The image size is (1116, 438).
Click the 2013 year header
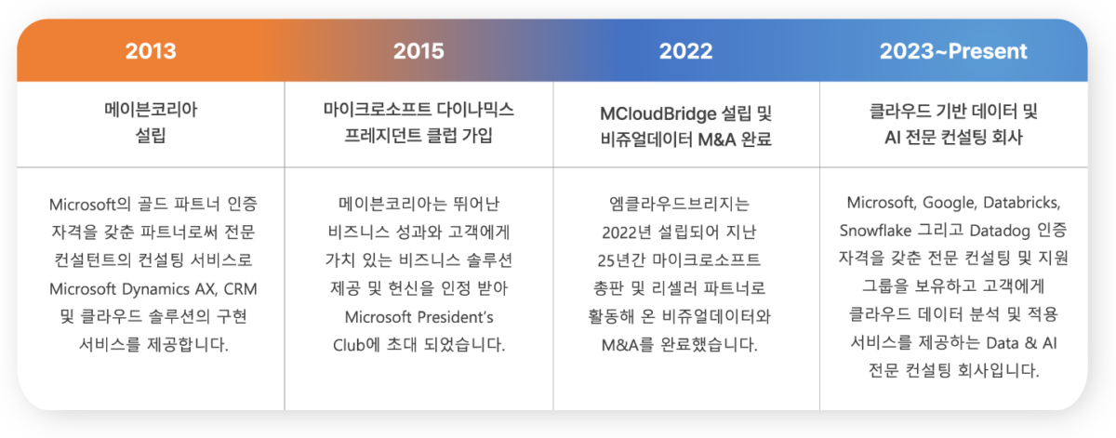tap(151, 51)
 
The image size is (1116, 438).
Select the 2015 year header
tap(418, 51)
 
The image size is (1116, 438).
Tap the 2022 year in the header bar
tap(686, 51)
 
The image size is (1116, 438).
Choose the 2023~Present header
tap(955, 51)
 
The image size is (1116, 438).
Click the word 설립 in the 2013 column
tap(151, 137)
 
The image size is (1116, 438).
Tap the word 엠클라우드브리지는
tap(686, 203)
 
